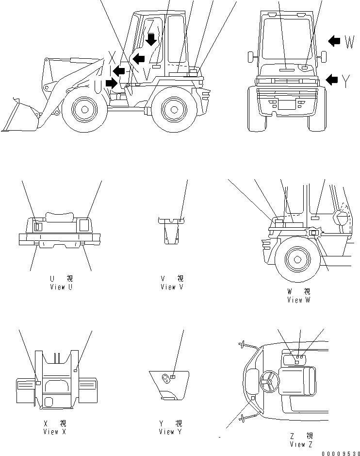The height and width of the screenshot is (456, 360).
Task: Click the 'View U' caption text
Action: pyautogui.click(x=61, y=287)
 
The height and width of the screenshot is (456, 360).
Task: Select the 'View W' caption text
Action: pyautogui.click(x=301, y=300)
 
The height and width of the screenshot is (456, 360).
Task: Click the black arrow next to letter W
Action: pyautogui.click(x=334, y=41)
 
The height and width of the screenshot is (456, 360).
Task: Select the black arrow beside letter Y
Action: pyautogui.click(x=332, y=79)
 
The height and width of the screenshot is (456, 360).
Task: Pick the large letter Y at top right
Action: pyautogui.click(x=345, y=81)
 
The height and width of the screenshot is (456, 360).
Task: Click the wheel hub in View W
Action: pyautogui.click(x=296, y=258)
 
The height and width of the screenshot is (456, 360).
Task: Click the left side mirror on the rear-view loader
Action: pyautogui.click(x=251, y=56)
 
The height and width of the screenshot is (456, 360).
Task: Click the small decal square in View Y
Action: pyautogui.click(x=173, y=376)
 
